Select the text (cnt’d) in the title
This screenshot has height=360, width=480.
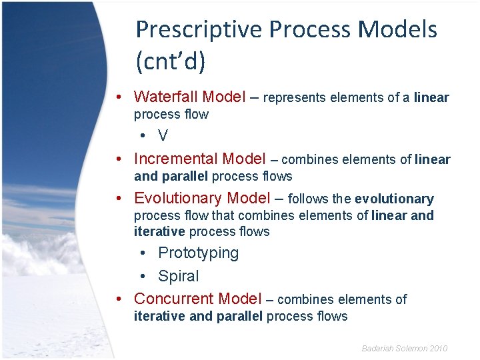170,61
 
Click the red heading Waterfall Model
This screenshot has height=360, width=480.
190,97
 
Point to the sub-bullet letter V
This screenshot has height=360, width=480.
163,136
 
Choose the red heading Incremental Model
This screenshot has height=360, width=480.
199,159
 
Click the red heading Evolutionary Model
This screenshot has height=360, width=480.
202,199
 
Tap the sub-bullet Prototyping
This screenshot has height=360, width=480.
198,253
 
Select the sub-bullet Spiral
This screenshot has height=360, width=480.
178,276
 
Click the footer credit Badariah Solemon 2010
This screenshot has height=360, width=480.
404,349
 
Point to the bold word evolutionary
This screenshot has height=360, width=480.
394,199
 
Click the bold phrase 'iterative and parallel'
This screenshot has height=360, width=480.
198,317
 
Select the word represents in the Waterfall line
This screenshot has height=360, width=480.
294,98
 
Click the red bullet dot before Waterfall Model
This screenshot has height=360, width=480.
118,98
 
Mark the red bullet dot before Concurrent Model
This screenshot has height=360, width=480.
118,299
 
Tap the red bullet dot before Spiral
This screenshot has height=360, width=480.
143,277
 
